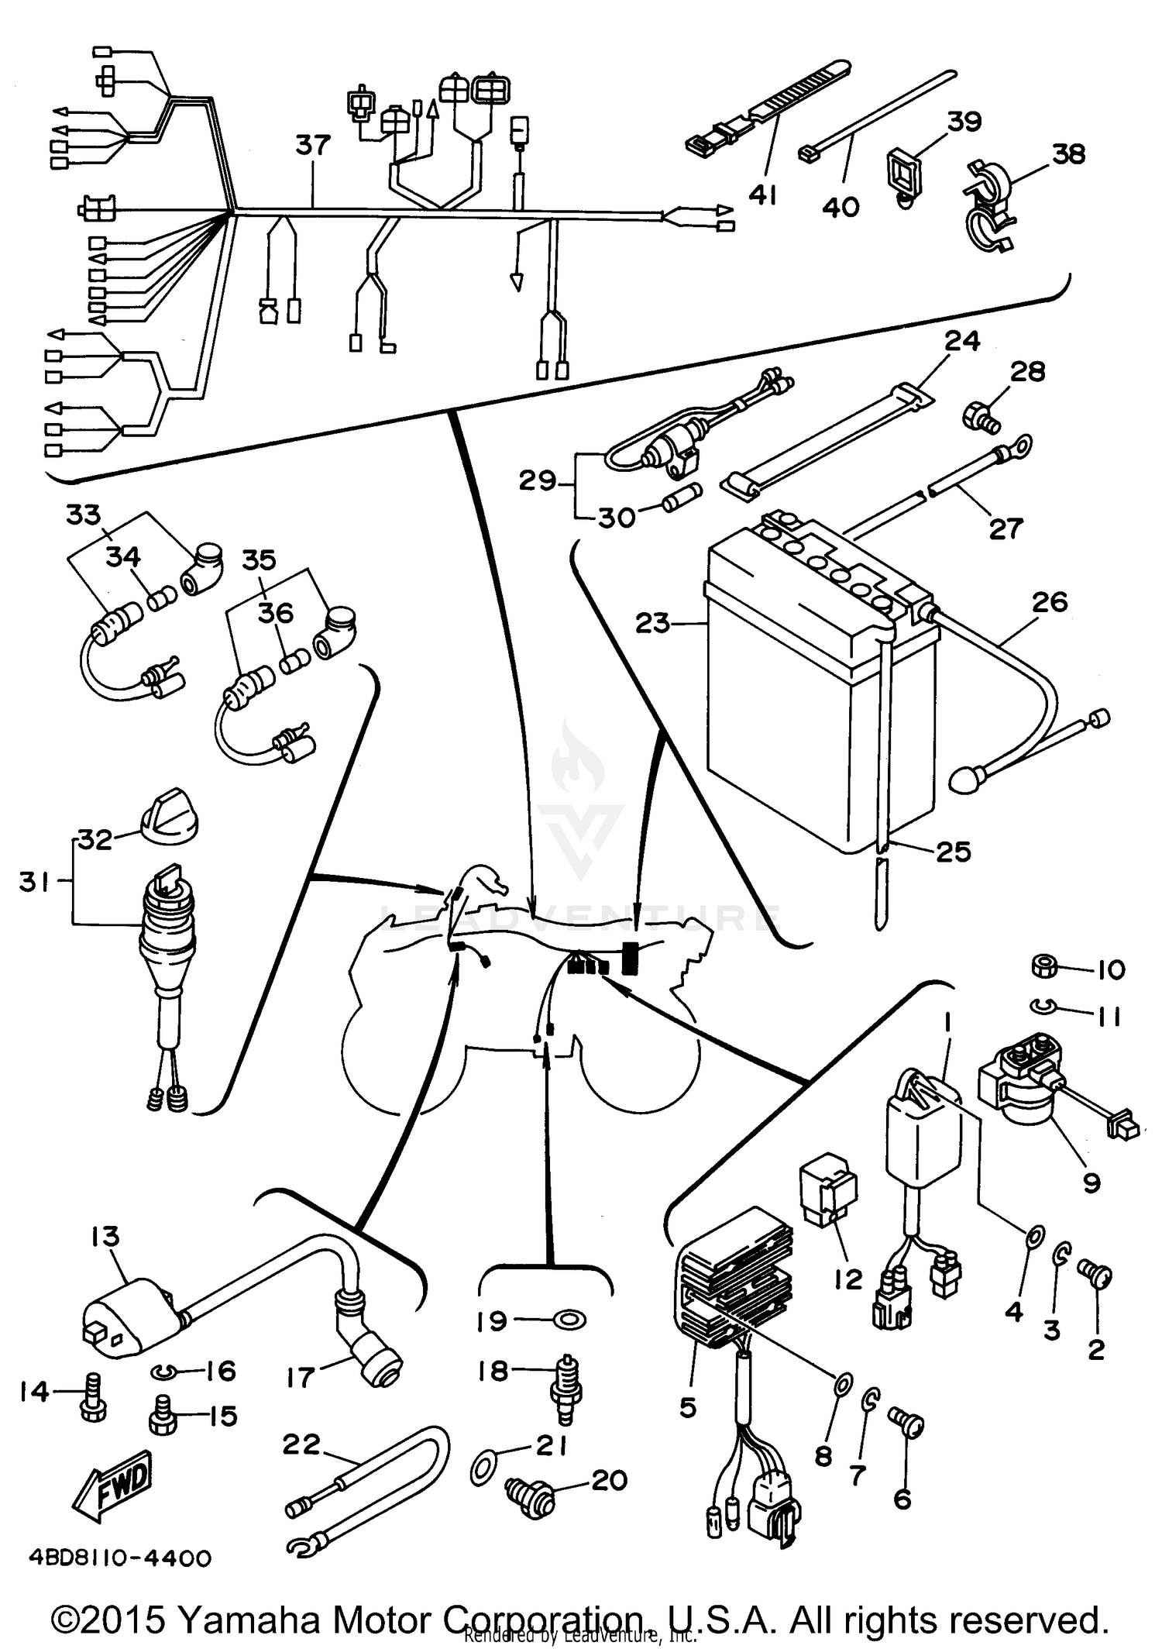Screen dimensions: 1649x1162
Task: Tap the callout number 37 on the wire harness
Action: point(313,146)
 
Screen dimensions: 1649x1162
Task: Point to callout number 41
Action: point(762,195)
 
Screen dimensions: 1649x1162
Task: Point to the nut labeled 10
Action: point(1044,966)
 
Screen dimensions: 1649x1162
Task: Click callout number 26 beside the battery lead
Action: point(1050,602)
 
